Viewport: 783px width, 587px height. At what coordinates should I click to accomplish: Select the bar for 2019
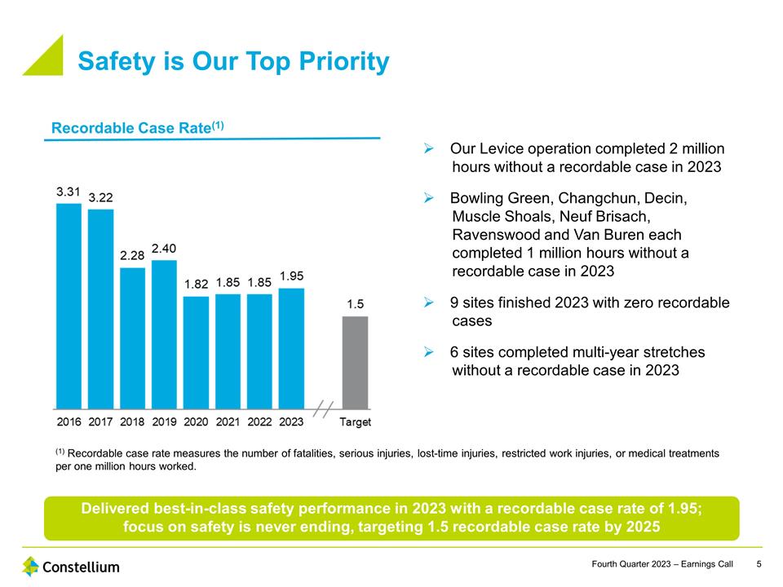[164, 334]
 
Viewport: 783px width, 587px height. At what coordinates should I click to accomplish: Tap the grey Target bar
[356, 362]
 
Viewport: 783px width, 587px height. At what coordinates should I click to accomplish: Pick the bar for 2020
[196, 351]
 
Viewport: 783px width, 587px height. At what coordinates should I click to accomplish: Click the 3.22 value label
[100, 197]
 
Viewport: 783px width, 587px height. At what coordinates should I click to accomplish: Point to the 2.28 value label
[132, 255]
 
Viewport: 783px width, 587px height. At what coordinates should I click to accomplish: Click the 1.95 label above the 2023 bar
[291, 276]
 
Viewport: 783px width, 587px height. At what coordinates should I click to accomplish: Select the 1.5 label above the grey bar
[356, 303]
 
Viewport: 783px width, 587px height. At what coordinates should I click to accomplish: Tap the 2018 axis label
[132, 422]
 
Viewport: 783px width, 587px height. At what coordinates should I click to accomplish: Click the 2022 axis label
[259, 422]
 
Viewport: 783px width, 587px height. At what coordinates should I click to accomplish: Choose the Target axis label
[356, 422]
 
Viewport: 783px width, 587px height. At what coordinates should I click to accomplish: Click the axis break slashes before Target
[323, 408]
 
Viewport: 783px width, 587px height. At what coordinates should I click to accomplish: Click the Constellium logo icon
[31, 566]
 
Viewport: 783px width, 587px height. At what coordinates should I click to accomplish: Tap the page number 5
[759, 565]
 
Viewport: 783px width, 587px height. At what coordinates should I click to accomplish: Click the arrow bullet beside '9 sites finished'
[428, 303]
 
